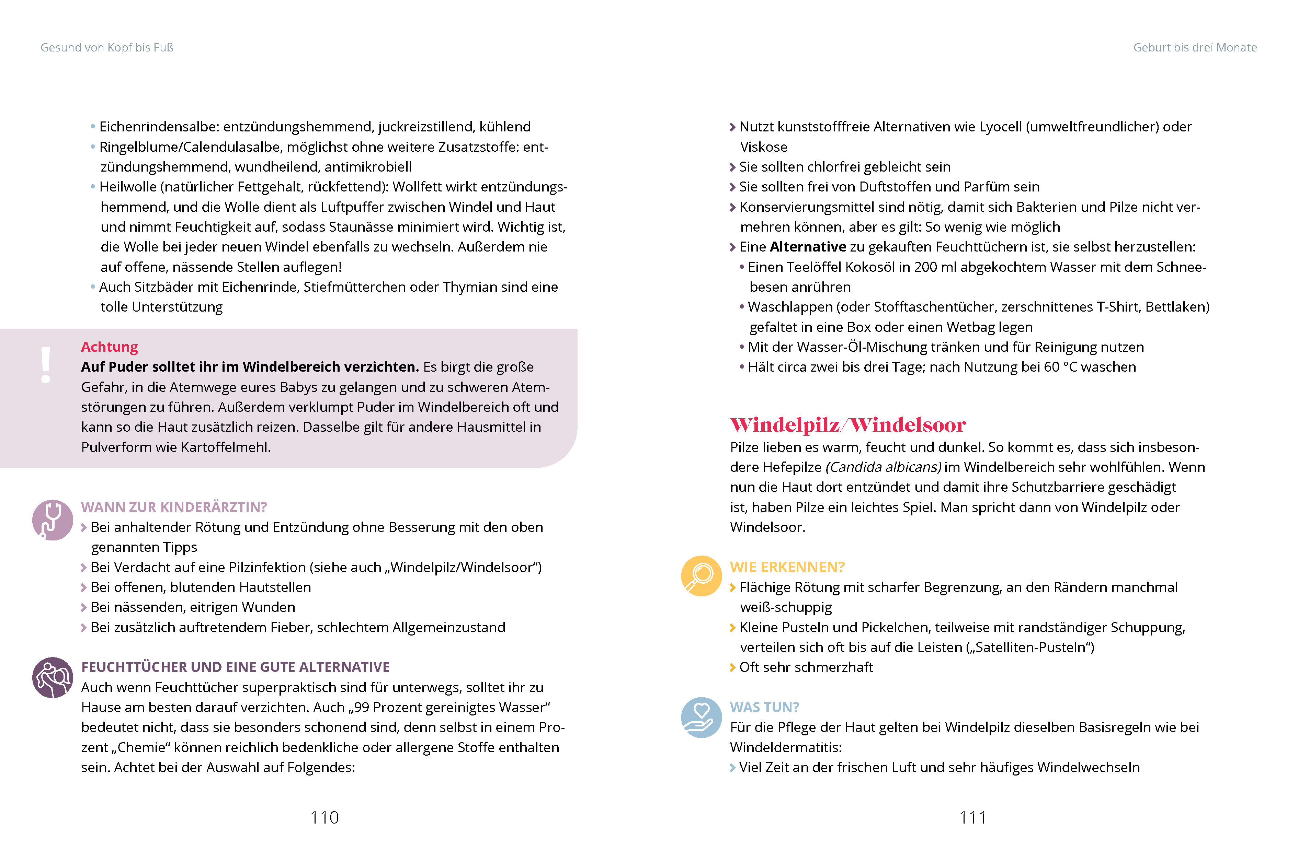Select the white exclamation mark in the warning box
tap(46, 365)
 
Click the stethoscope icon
tap(52, 520)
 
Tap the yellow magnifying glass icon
tap(701, 576)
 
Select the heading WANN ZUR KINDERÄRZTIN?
tap(174, 507)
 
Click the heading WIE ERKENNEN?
tap(787, 567)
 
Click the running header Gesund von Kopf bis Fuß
tap(107, 47)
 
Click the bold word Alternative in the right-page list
tap(808, 247)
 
